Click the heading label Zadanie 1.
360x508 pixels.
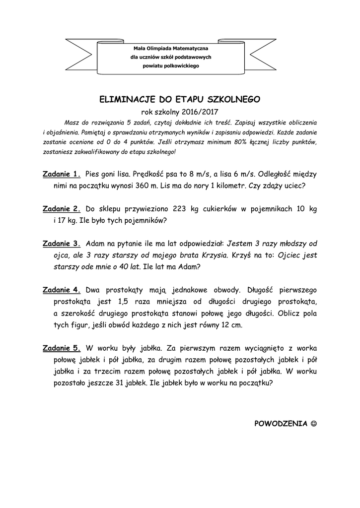(62, 174)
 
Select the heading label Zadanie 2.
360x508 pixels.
(62, 209)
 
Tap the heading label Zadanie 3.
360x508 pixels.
(62, 244)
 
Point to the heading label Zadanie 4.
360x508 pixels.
(62, 290)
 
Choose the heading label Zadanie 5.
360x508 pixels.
(62, 348)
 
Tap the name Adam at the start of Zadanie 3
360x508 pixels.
(95, 244)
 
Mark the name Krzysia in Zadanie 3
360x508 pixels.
(214, 255)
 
